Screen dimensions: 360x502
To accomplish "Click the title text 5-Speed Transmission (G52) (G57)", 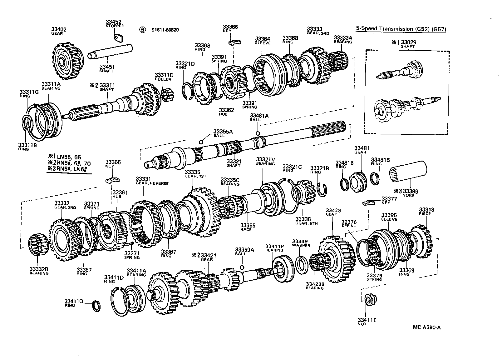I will (401, 29).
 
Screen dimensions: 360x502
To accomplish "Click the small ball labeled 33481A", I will (258, 133).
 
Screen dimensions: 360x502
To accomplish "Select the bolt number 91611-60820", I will (165, 30).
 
